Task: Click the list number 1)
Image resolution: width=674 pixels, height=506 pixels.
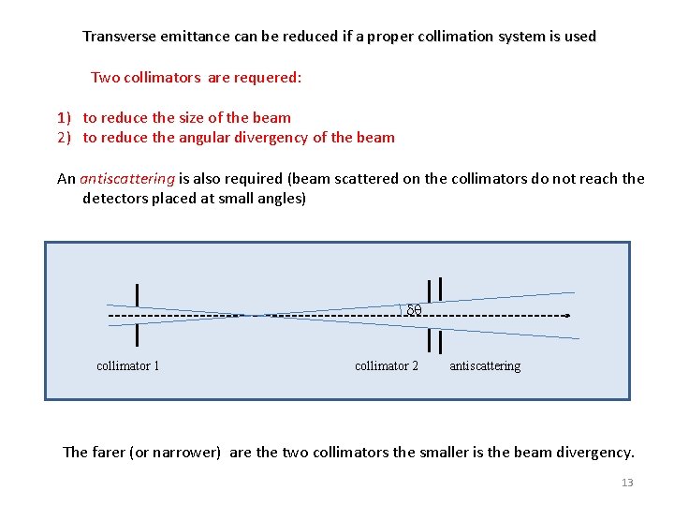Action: [64, 118]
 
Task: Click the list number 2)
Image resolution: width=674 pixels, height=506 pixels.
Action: [64, 138]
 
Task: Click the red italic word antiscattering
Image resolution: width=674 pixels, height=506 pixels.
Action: [127, 178]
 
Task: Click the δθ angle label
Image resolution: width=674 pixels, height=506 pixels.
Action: [414, 309]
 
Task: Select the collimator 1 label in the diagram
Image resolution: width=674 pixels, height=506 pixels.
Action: [128, 365]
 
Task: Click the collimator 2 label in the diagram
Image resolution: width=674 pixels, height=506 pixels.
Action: [387, 365]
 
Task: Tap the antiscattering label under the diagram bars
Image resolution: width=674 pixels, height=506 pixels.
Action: [485, 365]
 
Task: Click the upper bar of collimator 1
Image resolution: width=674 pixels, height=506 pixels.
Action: [138, 294]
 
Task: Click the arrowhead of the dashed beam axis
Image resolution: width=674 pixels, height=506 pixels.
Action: [567, 316]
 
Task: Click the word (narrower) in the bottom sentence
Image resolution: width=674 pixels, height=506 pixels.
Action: [190, 453]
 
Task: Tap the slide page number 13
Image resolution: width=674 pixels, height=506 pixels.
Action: [627, 483]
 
